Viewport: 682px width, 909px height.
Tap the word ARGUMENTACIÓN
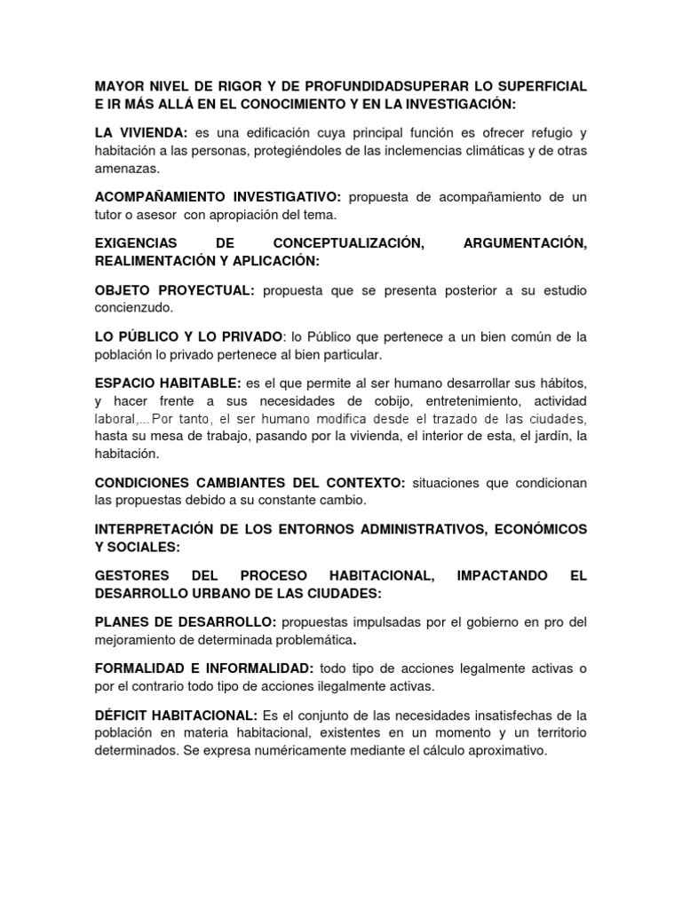(525, 244)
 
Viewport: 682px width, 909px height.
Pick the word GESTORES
(131, 576)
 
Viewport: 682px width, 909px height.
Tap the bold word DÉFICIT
(123, 715)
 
